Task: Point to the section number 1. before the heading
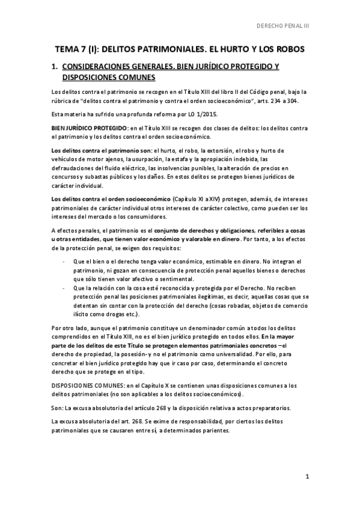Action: [x=55, y=66]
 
